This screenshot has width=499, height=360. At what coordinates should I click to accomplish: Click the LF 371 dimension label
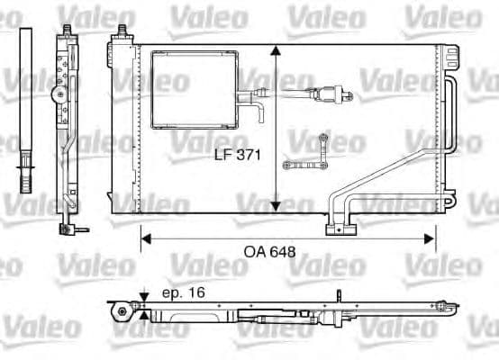238,155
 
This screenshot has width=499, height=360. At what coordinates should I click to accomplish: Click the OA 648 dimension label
271,253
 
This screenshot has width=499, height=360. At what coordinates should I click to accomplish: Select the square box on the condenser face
193,89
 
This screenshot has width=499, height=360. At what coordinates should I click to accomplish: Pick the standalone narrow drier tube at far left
26,108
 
